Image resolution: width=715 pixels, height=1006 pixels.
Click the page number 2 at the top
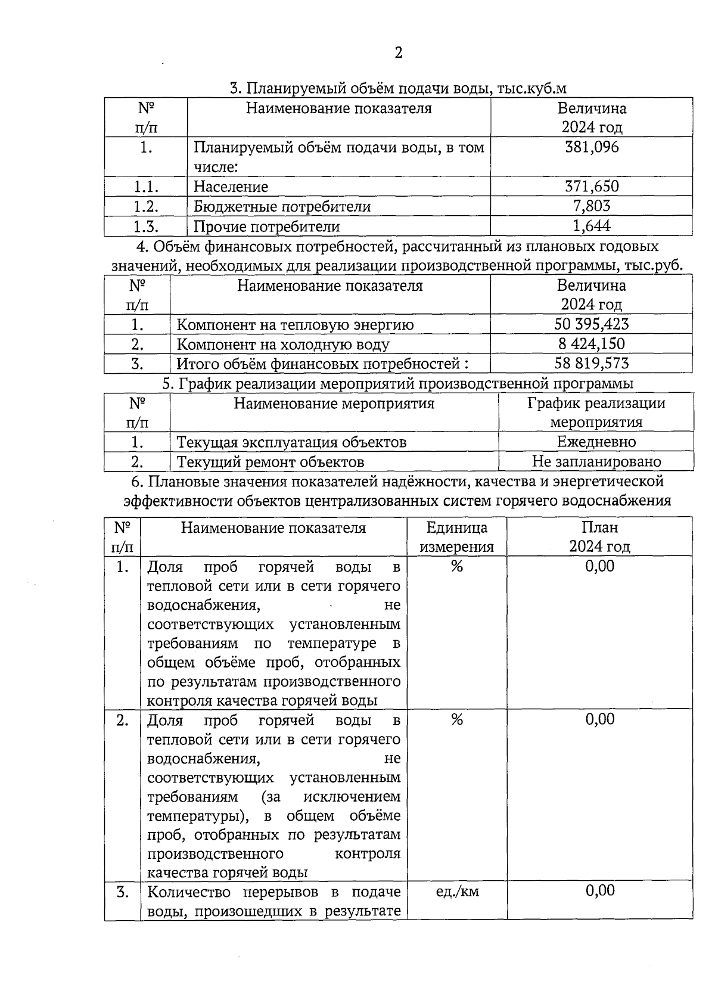[398, 53]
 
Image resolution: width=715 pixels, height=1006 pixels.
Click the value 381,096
[592, 147]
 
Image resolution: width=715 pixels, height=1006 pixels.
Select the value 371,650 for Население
[592, 187]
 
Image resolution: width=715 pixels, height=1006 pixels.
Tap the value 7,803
[592, 206]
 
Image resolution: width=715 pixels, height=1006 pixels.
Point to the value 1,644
[592, 226]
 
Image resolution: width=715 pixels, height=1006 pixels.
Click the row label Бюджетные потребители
[282, 207]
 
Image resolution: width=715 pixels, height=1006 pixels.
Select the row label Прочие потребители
[266, 226]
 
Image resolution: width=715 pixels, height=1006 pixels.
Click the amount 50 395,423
[591, 324]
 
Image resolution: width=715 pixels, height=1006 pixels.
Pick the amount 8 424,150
[591, 344]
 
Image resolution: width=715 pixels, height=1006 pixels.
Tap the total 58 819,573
[591, 363]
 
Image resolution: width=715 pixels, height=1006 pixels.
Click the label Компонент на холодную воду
[283, 344]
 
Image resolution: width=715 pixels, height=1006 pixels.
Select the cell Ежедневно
[596, 442]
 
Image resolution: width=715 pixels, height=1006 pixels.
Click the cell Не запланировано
[596, 461]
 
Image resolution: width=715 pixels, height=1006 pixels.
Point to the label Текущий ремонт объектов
[271, 462]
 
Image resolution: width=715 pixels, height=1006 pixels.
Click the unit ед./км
[457, 892]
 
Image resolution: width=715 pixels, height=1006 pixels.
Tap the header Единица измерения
[457, 537]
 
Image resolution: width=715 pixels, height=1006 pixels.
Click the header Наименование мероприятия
[334, 403]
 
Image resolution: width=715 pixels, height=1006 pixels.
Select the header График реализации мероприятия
[596, 412]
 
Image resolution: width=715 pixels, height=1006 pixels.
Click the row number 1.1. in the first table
[145, 187]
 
